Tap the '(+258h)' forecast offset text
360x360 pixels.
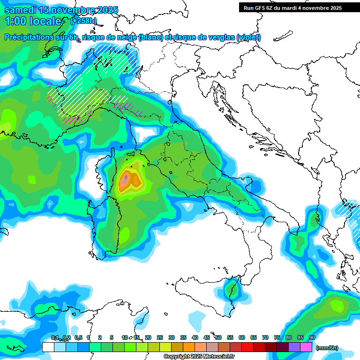(x=83, y=21)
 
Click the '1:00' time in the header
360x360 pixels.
(x=15, y=21)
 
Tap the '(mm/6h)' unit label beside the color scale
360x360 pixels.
(x=327, y=348)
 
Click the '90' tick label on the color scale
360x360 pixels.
(x=312, y=337)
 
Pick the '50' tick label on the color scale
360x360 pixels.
(x=218, y=337)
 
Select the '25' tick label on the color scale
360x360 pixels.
(x=160, y=337)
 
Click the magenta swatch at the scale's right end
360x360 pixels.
(x=306, y=347)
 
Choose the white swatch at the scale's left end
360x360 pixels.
(x=48, y=347)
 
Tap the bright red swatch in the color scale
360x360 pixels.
(x=247, y=347)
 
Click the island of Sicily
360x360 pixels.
(x=204, y=291)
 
